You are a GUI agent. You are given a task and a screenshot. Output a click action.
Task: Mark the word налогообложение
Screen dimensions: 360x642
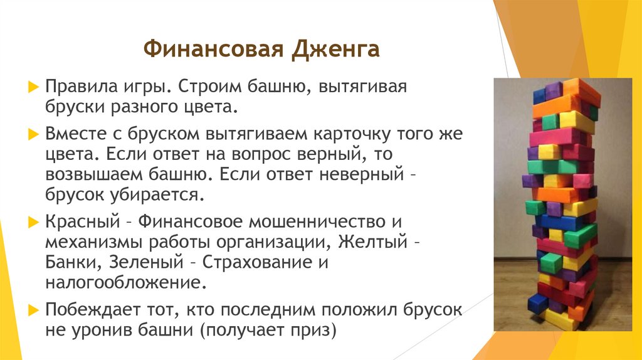coord(125,281)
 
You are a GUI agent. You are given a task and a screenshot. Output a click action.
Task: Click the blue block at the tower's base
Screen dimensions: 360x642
coord(537,304)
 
